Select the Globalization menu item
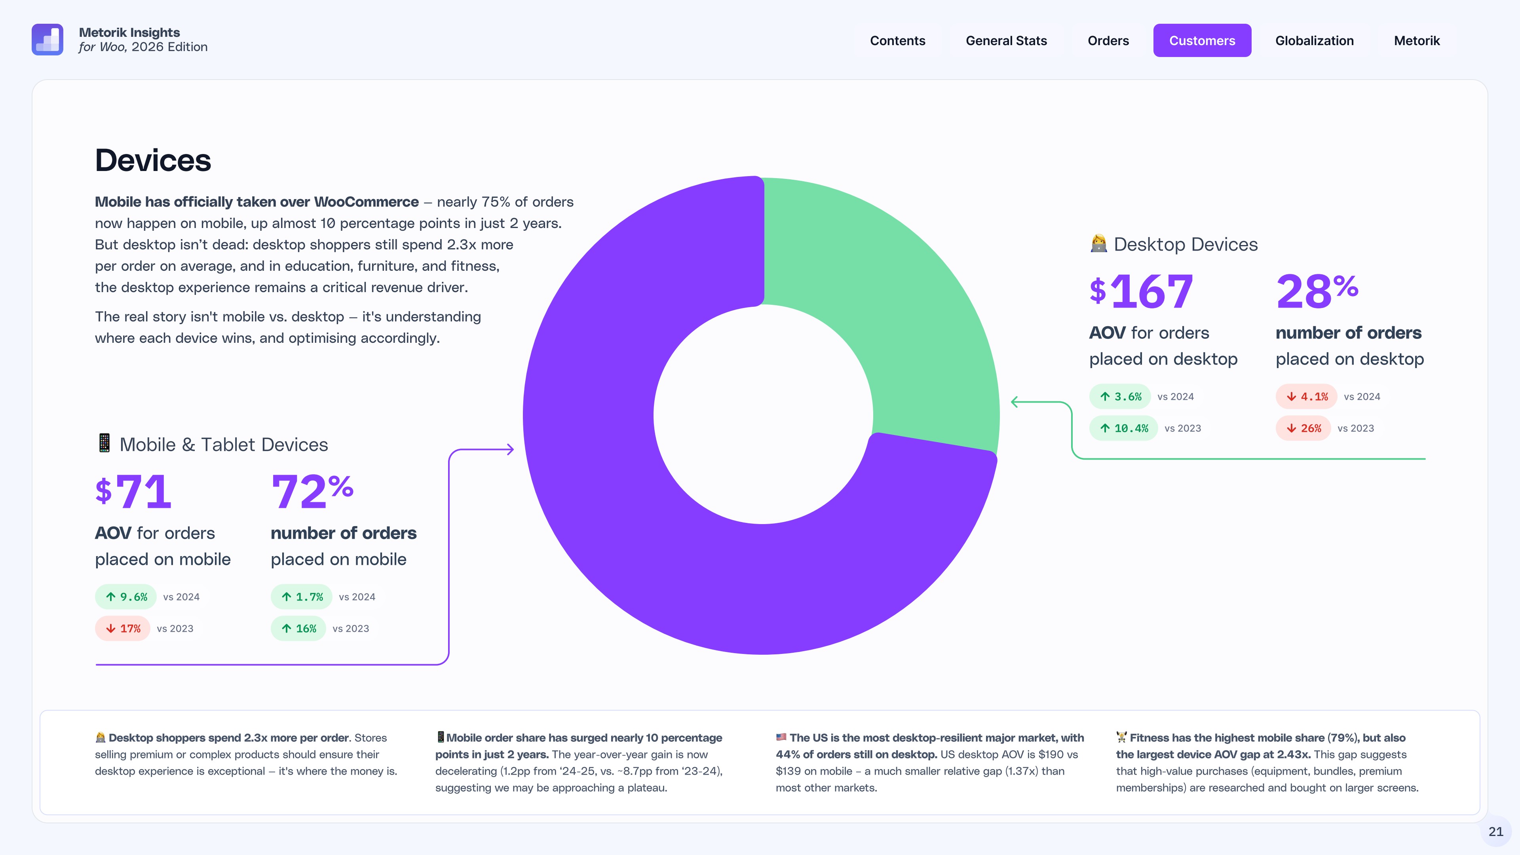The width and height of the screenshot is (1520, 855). point(1314,41)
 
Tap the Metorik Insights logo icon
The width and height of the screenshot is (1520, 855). point(47,40)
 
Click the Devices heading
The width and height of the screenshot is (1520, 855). point(153,160)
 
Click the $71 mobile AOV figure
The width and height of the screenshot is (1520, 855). point(133,492)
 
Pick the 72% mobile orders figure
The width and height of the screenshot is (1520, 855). point(312,492)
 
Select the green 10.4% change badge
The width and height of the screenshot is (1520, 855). point(1123,428)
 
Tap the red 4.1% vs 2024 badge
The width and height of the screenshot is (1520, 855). point(1306,397)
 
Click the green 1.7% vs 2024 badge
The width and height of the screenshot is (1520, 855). point(302,597)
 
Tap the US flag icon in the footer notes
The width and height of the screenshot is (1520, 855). point(781,737)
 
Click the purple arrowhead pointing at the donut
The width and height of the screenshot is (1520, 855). point(510,450)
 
